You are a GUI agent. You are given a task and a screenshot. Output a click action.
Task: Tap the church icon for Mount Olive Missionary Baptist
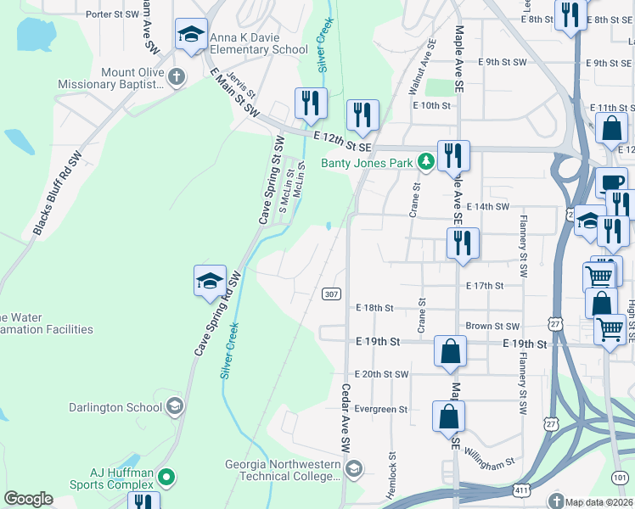177,78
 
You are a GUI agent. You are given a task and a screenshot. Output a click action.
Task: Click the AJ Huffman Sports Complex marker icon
166,478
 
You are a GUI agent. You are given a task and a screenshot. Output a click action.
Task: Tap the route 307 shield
332,294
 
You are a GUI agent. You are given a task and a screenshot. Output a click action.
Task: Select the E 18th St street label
375,307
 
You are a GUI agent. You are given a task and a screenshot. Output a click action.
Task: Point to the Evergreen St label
381,409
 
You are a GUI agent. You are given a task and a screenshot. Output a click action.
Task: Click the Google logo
28,499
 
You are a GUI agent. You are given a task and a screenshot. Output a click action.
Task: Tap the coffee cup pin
610,183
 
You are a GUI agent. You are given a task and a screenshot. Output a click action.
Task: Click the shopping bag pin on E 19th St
450,350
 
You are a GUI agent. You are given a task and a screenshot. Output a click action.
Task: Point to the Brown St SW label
492,326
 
